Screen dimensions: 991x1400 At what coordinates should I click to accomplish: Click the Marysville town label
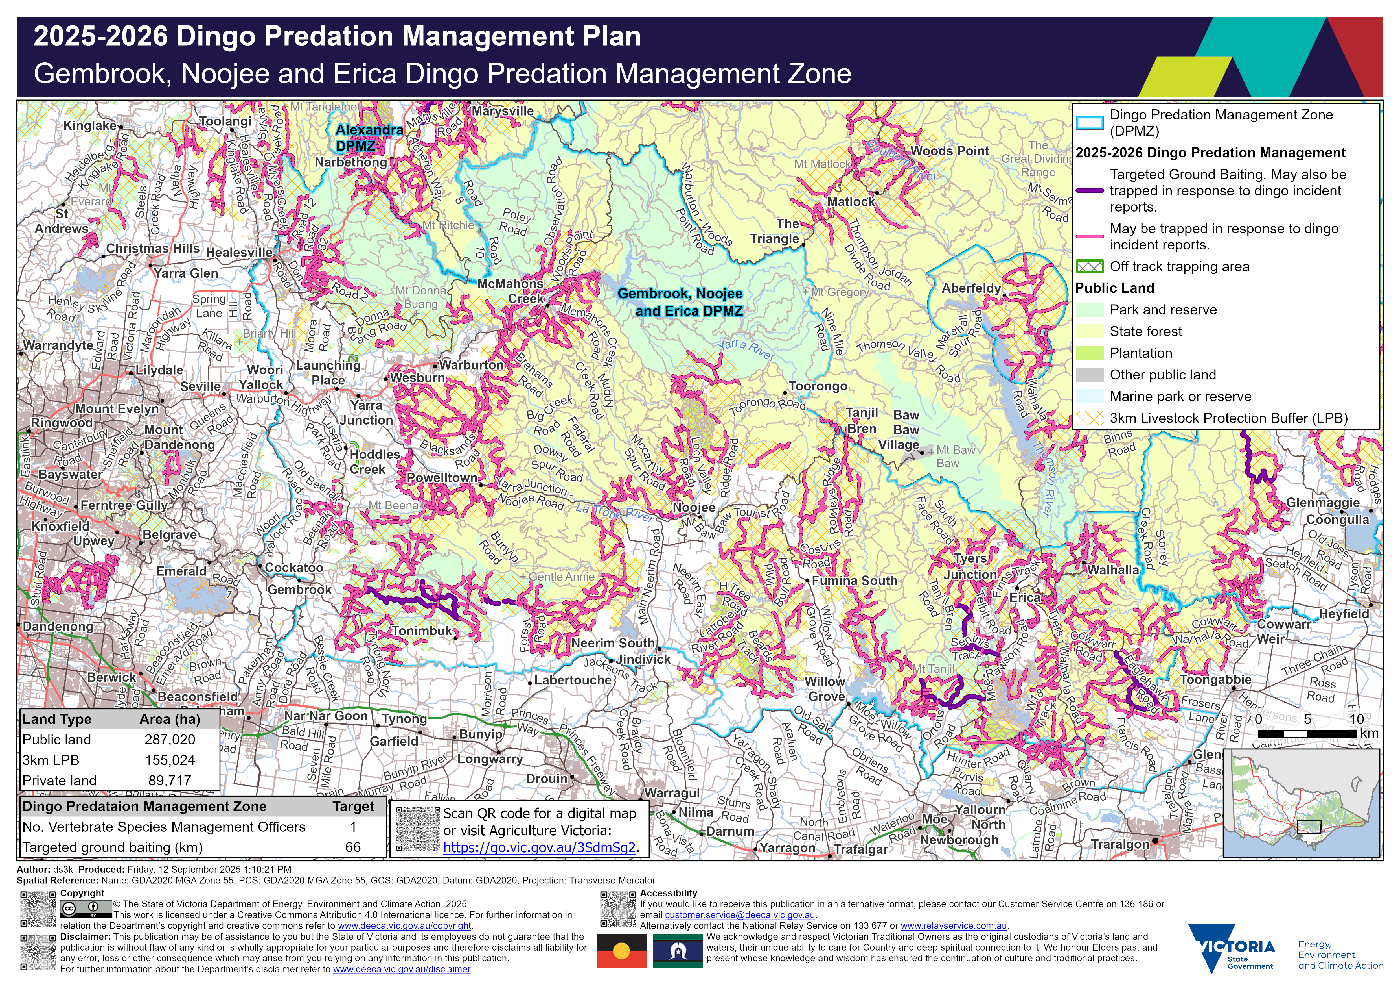point(502,111)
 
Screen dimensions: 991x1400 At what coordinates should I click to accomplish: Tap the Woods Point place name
point(949,151)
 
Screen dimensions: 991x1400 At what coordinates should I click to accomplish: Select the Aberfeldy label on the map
point(971,288)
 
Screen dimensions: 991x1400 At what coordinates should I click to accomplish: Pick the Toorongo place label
point(818,386)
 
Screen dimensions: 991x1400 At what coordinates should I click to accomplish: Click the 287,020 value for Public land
point(170,740)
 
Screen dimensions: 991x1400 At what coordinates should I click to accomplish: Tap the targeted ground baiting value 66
point(352,847)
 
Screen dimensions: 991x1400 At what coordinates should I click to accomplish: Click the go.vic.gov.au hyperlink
point(539,847)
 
